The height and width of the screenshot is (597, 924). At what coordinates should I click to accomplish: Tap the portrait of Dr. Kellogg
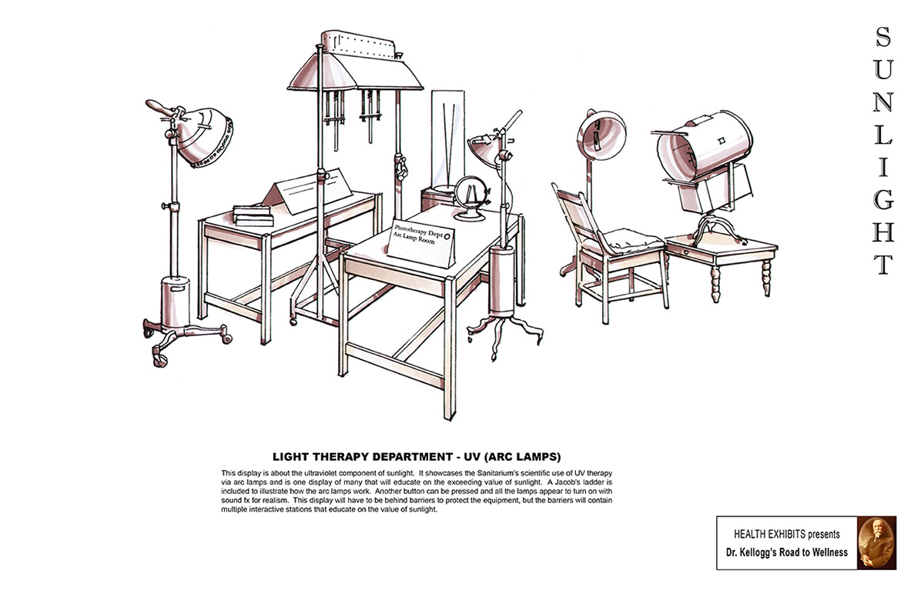coord(876,542)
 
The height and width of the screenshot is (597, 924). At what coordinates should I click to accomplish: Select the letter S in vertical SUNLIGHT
coord(884,36)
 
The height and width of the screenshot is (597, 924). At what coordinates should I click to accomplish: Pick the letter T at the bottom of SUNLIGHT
coord(884,264)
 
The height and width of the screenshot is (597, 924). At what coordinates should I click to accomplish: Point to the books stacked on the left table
coord(253,213)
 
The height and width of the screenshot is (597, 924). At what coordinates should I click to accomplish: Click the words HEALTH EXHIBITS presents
coord(785,534)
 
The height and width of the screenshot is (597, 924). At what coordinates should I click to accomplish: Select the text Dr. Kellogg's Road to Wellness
coord(785,552)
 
